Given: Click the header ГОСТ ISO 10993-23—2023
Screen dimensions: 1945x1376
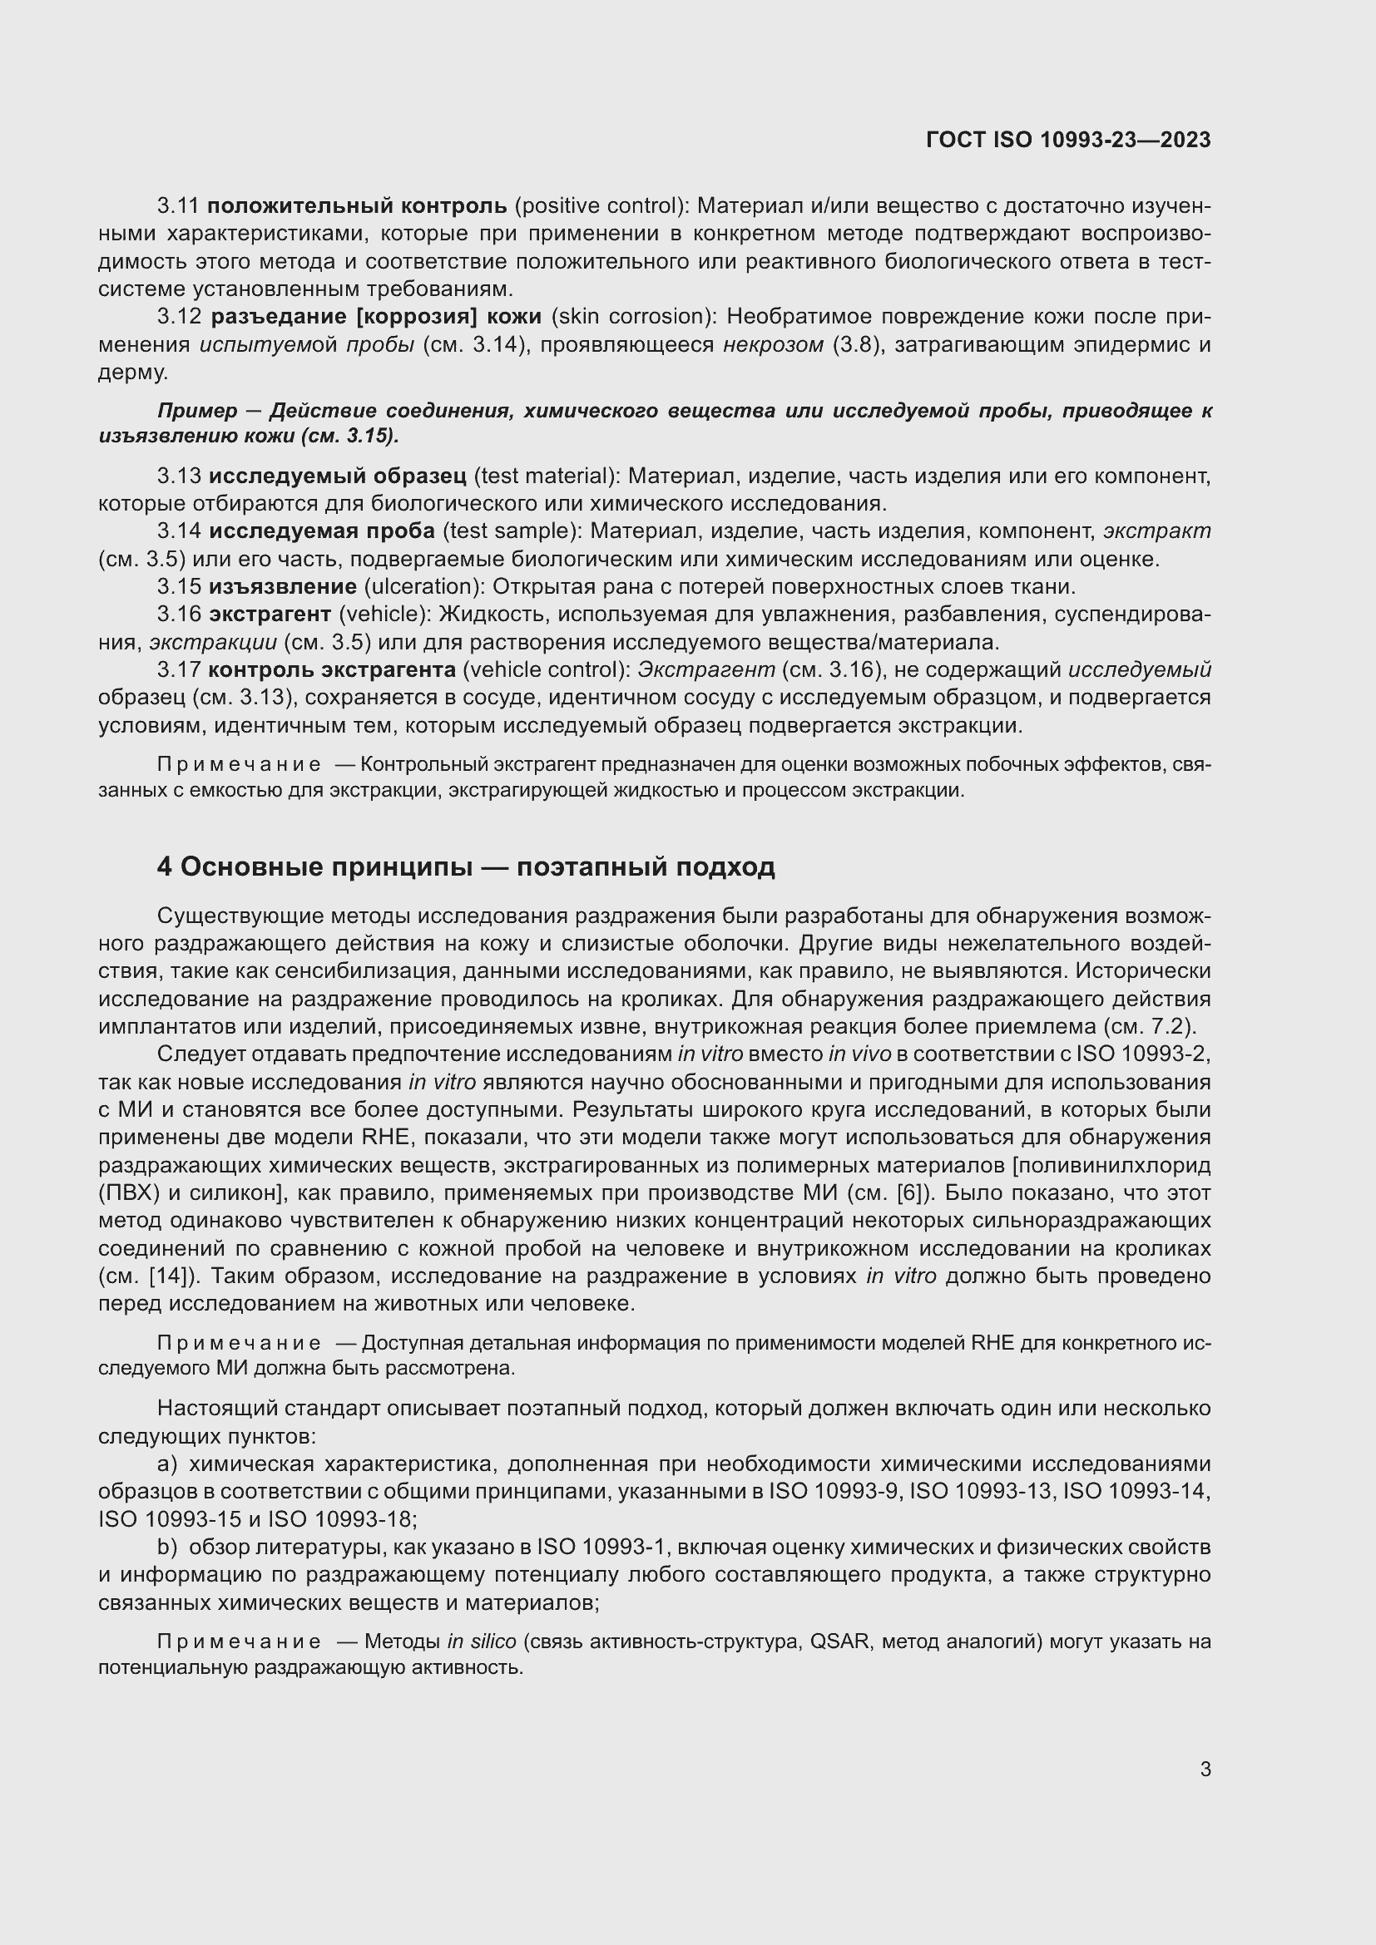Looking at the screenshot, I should (x=1067, y=141).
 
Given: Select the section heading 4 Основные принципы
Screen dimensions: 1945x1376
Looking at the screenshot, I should (x=465, y=866).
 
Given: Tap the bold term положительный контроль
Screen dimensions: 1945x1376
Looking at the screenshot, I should (x=357, y=206).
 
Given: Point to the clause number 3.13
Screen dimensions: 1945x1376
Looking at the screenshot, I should (x=179, y=476).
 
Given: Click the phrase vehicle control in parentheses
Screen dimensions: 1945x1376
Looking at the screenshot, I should (x=546, y=669).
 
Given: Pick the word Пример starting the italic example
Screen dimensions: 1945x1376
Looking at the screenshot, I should (x=196, y=412).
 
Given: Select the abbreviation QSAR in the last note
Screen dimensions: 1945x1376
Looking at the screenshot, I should (x=839, y=1641).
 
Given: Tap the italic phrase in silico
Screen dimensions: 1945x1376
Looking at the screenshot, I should (x=481, y=1641).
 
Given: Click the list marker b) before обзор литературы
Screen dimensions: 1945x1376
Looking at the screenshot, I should (x=167, y=1547).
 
